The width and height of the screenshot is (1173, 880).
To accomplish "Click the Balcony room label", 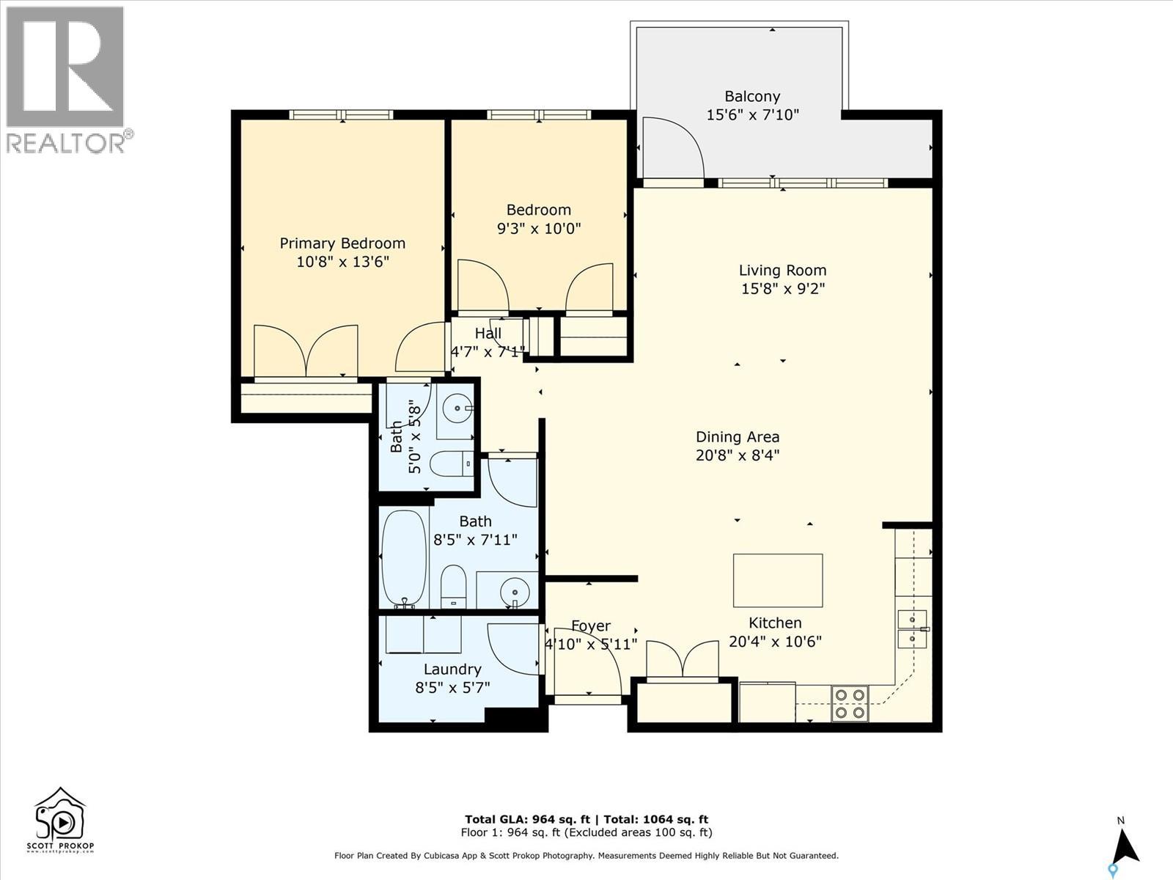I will pos(752,96).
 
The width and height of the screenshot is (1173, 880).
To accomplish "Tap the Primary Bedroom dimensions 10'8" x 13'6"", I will pos(342,262).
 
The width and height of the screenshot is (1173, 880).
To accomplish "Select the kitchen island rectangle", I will pos(778,580).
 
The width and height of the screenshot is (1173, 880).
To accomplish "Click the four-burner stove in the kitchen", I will pos(850,703).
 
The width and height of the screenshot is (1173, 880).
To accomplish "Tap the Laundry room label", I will pos(452,669).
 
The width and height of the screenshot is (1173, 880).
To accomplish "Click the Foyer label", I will pos(591,626).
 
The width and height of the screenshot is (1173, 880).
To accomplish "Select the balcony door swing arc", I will pos(674,147).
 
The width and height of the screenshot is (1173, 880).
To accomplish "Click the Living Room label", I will pos(782,270).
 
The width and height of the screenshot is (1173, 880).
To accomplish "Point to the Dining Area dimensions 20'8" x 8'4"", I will pos(738,455).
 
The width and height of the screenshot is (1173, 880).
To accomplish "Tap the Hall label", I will pos(488,334).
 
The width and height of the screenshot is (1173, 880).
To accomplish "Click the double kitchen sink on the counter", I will pos(912,629).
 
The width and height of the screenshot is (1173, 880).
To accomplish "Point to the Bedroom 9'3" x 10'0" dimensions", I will pos(539,228).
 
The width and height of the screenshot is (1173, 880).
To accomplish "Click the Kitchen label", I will pos(775,623).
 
